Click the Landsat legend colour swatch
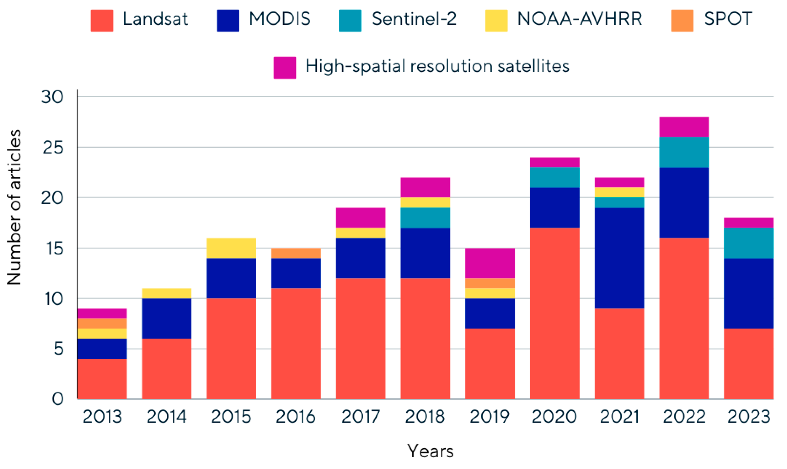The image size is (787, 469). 102,20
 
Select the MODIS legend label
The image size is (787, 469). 280,19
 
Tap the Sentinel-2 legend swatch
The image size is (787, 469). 350,20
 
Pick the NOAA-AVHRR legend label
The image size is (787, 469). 580,19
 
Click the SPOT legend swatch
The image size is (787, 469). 682,20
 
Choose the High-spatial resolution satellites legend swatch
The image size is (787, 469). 285,68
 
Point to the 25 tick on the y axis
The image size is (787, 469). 53,148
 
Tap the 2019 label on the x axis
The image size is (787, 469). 490,417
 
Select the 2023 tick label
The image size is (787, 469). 749,417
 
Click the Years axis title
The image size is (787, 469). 430,451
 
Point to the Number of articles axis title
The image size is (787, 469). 14,207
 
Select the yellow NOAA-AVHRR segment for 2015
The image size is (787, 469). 231,248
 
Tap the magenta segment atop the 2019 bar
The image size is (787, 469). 490,263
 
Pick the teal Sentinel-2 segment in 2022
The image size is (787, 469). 684,152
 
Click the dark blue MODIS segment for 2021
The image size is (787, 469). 620,258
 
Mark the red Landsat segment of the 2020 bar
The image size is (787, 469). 555,313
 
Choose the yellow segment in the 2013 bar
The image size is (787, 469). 102,334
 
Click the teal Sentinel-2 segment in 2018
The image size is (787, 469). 425,218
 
